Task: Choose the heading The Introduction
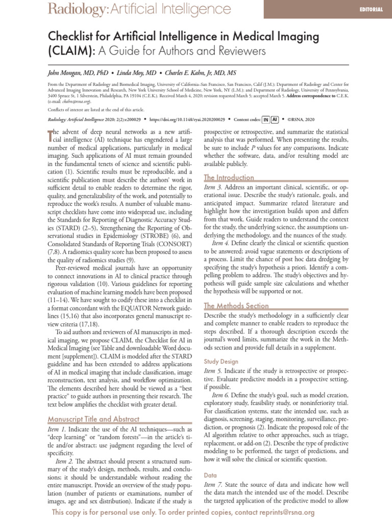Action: (x=229, y=177)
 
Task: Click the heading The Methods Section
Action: (x=236, y=305)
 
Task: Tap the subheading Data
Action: (x=210, y=474)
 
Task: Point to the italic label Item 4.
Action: (x=222, y=243)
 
